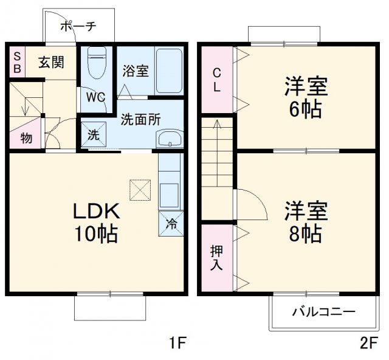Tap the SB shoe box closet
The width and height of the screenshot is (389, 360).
pos(17,62)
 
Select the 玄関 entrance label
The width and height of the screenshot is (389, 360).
pos(51,63)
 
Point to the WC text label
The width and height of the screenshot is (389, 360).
pos(95,97)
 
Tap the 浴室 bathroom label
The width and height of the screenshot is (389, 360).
pos(135,71)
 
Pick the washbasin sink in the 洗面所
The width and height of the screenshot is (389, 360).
pos(169,139)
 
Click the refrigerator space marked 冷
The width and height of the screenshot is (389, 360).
pos(171,223)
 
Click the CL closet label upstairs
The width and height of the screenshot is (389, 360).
pos(216,79)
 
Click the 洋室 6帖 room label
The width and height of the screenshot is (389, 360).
pos(306,97)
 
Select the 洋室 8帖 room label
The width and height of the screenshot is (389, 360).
pos(306,221)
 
